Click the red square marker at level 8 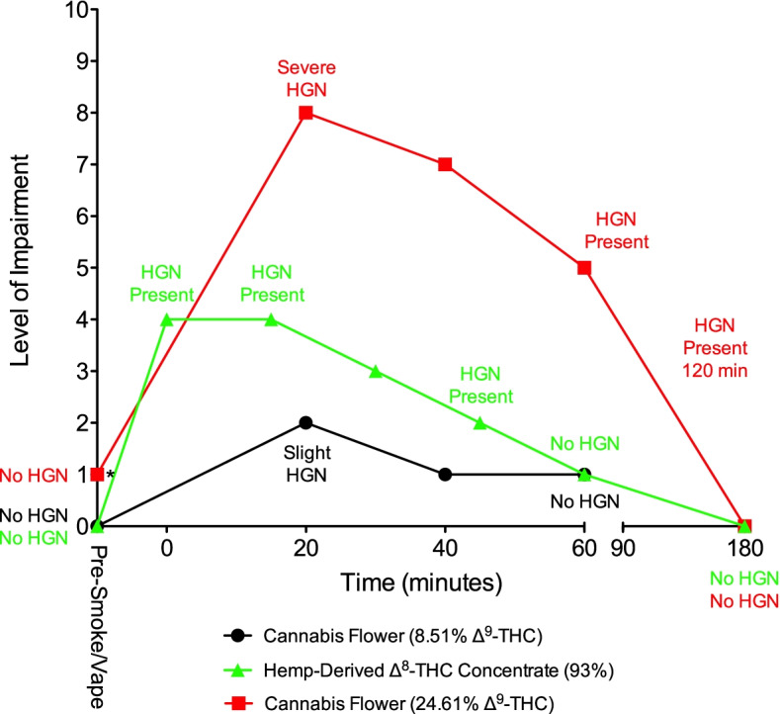click(306, 113)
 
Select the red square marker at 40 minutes click(445, 164)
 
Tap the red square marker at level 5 click(584, 268)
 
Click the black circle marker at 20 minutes click(306, 422)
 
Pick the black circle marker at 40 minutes click(445, 475)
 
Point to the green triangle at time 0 click(167, 319)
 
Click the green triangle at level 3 click(376, 371)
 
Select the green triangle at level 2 click(479, 422)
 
